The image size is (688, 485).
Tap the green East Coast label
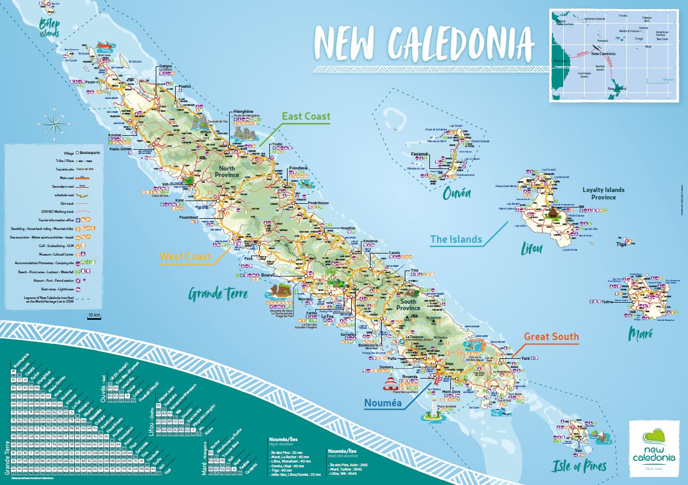tap(307, 116)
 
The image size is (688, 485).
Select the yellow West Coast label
tap(186, 256)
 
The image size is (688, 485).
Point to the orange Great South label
tap(551, 336)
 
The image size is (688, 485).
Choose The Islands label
tap(456, 239)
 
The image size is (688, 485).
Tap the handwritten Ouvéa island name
tap(457, 194)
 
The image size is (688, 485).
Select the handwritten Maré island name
tap(640, 334)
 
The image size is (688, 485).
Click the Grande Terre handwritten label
tap(218, 294)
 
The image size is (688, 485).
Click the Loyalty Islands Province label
tap(603, 193)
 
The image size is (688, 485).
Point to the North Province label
tap(227, 171)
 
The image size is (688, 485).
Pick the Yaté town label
tap(525, 358)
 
